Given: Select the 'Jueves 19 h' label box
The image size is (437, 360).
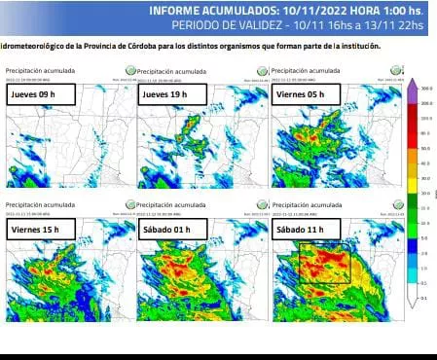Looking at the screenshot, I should pyautogui.click(x=166, y=95).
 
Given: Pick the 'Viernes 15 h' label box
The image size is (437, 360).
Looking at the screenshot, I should pyautogui.click(x=35, y=229).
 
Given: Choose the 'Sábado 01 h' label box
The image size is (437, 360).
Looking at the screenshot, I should pyautogui.click(x=168, y=229).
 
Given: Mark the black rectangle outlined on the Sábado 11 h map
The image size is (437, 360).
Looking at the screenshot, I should pyautogui.click(x=323, y=264).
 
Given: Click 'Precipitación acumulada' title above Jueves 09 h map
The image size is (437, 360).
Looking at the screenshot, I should pyautogui.click(x=33, y=71).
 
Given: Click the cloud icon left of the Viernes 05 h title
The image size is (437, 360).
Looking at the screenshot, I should pyautogui.click(x=261, y=71).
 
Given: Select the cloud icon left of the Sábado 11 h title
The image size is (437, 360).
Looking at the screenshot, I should pyautogui.click(x=261, y=205).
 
